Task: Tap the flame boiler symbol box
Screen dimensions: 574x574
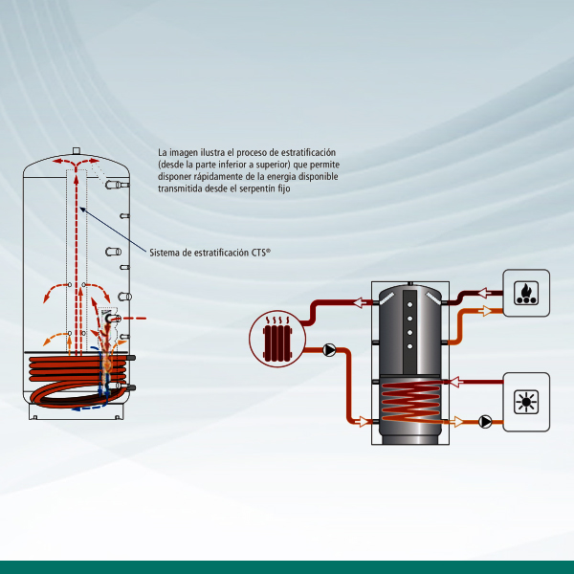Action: point(526,293)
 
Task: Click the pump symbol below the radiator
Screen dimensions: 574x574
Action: point(329,349)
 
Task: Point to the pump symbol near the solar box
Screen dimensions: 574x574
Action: point(486,421)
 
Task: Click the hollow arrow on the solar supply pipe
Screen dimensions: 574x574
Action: point(457,385)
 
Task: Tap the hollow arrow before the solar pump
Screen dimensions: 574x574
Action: point(458,421)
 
